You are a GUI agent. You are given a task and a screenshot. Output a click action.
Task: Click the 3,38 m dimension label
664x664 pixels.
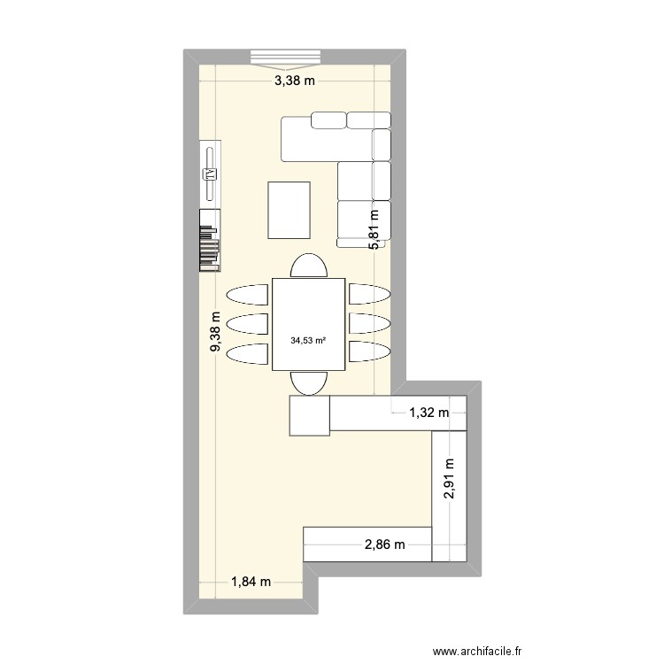tap(294, 81)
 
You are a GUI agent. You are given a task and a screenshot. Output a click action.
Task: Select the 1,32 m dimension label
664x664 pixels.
tap(429, 412)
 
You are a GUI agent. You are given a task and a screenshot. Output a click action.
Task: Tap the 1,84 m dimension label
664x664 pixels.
tap(251, 581)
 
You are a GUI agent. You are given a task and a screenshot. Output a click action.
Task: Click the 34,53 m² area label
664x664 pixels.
tap(307, 338)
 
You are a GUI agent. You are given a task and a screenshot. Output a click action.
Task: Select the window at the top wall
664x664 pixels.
tap(284, 58)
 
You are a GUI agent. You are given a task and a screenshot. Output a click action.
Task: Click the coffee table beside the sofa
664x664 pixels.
tap(290, 210)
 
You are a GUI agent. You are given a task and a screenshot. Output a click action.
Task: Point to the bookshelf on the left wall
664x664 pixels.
tap(210, 239)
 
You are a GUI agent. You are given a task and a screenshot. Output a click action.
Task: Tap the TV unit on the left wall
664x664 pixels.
tap(211, 173)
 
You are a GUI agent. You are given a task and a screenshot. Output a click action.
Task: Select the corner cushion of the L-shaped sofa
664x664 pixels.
tap(382, 143)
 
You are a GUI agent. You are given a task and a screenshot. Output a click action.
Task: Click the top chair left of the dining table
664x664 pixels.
tap(247, 295)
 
